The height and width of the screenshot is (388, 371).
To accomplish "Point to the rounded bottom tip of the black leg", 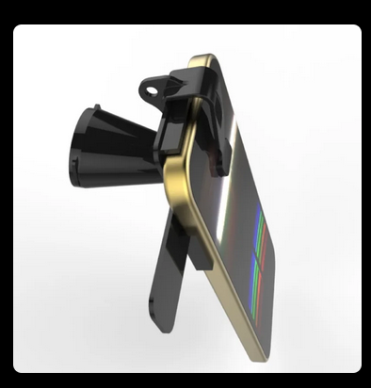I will pyautogui.click(x=159, y=324).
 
